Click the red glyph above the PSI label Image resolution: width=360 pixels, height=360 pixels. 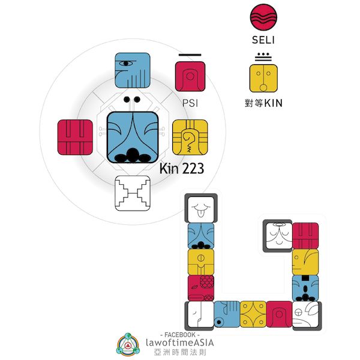tap(190, 76)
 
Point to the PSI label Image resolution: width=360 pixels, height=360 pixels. tap(190, 103)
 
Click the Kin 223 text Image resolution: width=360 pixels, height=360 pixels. tap(182, 169)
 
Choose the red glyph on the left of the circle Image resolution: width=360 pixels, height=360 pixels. tap(75, 137)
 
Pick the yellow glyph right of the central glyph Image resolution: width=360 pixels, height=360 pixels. tap(190, 137)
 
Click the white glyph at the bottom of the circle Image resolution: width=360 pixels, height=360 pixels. tap(132, 193)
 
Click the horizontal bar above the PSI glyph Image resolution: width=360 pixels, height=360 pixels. tap(190, 53)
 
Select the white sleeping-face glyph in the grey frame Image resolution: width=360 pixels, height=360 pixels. tap(277, 235)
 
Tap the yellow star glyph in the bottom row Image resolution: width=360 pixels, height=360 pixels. tap(253, 314)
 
